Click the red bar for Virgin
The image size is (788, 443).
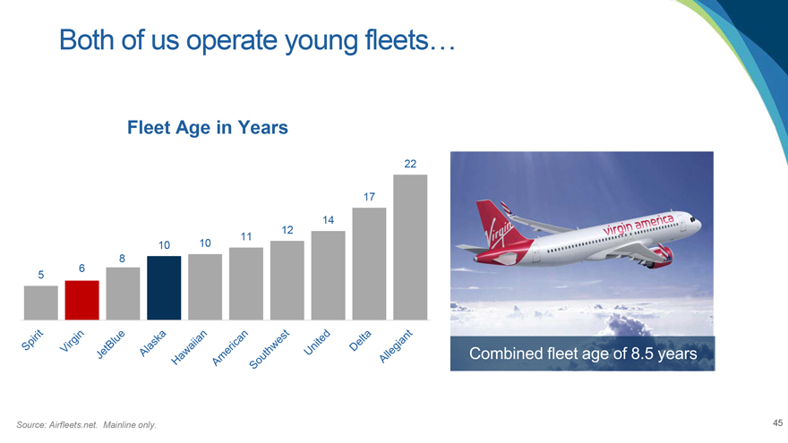pyautogui.click(x=81, y=300)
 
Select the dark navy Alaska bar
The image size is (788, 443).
pyautogui.click(x=164, y=288)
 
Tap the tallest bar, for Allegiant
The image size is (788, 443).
pyautogui.click(x=410, y=247)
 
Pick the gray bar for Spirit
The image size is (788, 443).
pyautogui.click(x=40, y=302)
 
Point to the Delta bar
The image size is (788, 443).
pyautogui.click(x=369, y=264)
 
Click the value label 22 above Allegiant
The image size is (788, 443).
pyautogui.click(x=410, y=164)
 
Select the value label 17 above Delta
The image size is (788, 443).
pyautogui.click(x=369, y=197)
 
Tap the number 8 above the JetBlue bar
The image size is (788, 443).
pyautogui.click(x=122, y=259)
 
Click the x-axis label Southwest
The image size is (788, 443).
pyautogui.click(x=270, y=349)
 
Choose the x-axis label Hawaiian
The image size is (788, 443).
pyautogui.click(x=189, y=347)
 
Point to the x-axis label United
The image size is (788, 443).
pyautogui.click(x=317, y=342)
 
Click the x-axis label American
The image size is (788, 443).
pyautogui.click(x=230, y=347)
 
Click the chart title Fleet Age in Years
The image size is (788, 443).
pyautogui.click(x=208, y=128)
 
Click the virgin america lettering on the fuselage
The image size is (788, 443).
pyautogui.click(x=638, y=224)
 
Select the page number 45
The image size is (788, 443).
pyautogui.click(x=777, y=423)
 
